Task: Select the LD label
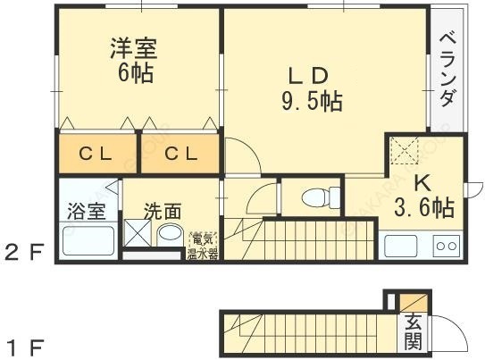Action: [308, 74]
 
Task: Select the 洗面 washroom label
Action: [163, 213]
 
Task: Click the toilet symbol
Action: [317, 197]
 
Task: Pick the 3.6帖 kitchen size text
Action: [423, 208]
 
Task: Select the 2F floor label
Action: [24, 253]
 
